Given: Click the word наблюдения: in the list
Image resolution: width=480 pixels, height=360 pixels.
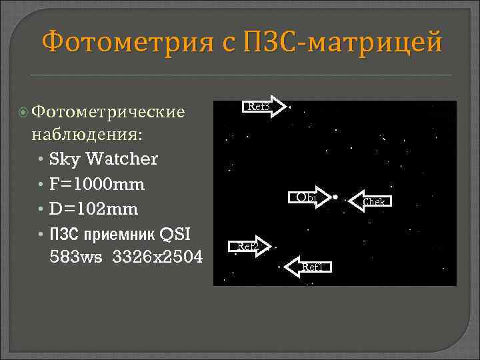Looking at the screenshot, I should (86, 135).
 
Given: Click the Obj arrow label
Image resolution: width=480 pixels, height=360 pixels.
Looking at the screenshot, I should (308, 197).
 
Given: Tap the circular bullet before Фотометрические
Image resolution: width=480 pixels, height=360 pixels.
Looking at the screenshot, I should (25, 111).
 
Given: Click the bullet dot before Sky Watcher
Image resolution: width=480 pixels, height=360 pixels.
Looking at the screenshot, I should (42, 160).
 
